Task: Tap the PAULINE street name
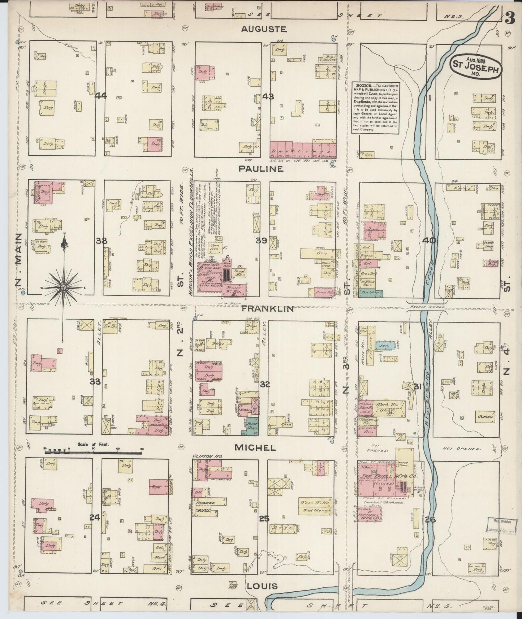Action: pyautogui.click(x=266, y=169)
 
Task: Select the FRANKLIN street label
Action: pyautogui.click(x=268, y=309)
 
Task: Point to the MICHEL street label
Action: pyautogui.click(x=255, y=447)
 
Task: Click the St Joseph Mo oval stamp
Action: pyautogui.click(x=476, y=66)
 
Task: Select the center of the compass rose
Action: pyautogui.click(x=63, y=287)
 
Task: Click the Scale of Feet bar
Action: pyautogui.click(x=93, y=451)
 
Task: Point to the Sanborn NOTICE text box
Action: pyautogui.click(x=376, y=108)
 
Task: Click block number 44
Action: pyautogui.click(x=101, y=96)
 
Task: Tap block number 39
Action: pyautogui.click(x=262, y=241)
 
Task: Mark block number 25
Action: pyautogui.click(x=264, y=519)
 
